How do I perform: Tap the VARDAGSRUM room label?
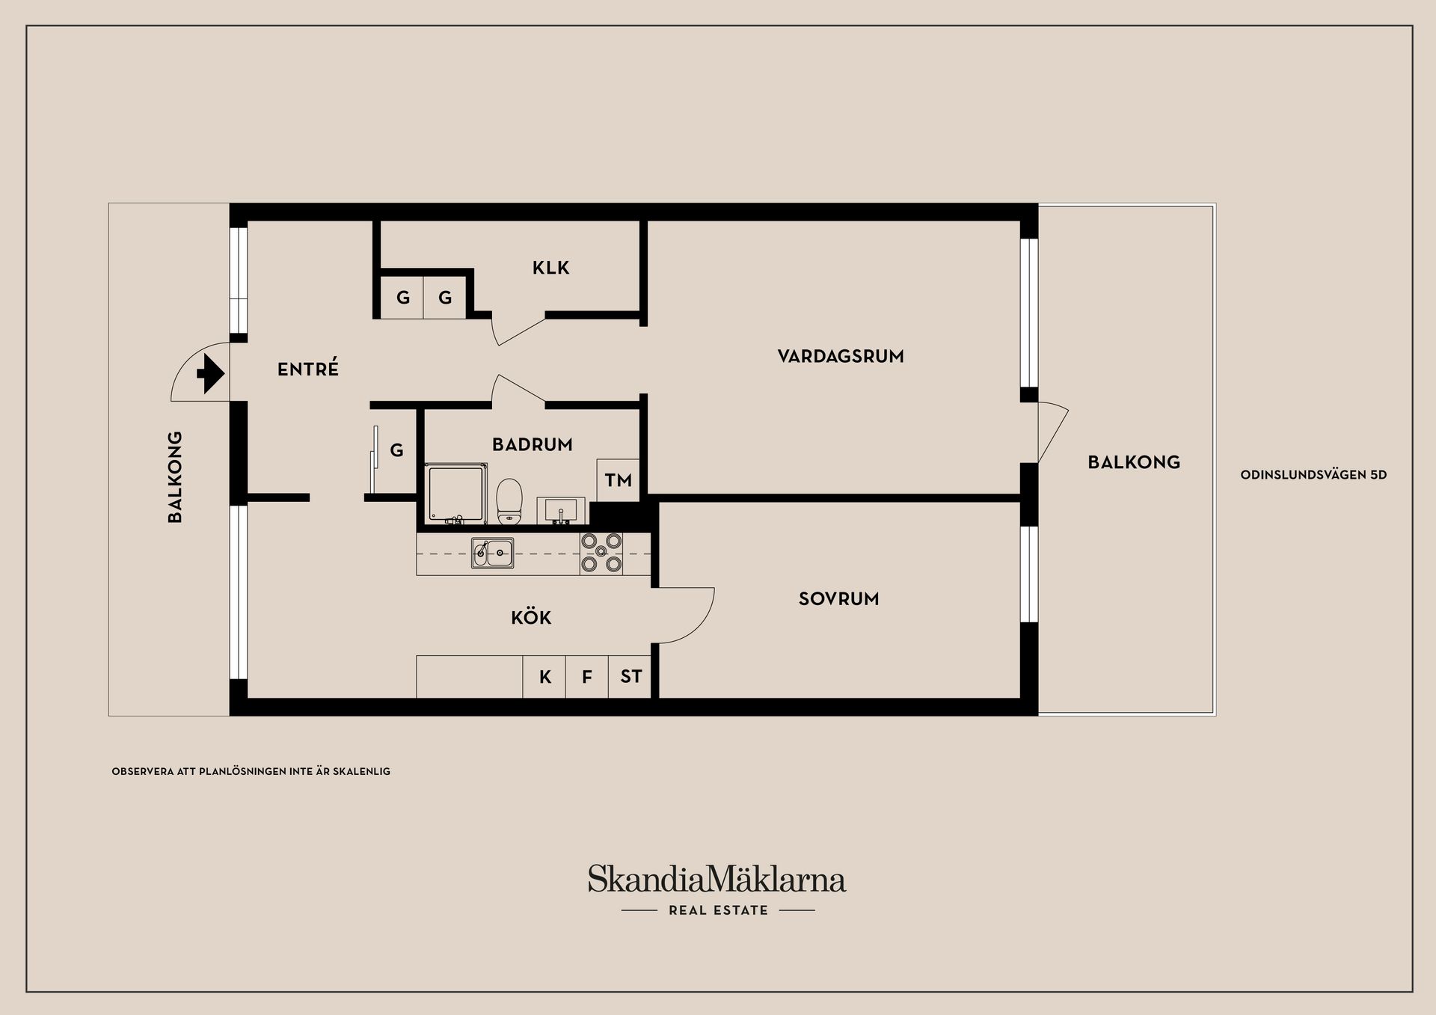coord(841,357)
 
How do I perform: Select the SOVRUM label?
coord(838,599)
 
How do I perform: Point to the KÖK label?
coord(531,618)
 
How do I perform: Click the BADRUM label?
coord(532,445)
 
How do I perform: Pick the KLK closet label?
coord(550,268)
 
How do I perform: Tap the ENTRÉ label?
coord(307,369)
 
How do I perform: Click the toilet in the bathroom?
coord(509,500)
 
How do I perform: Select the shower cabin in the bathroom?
coord(455,494)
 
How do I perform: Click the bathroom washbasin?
coord(560,511)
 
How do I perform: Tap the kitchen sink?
coord(492,554)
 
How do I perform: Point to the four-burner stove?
coord(601,553)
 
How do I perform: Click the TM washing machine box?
coord(618,480)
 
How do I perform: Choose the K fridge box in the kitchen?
coord(544,677)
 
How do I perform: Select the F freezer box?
coord(587,677)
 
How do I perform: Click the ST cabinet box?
coord(630,677)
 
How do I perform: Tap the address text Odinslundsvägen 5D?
coord(1313,475)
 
